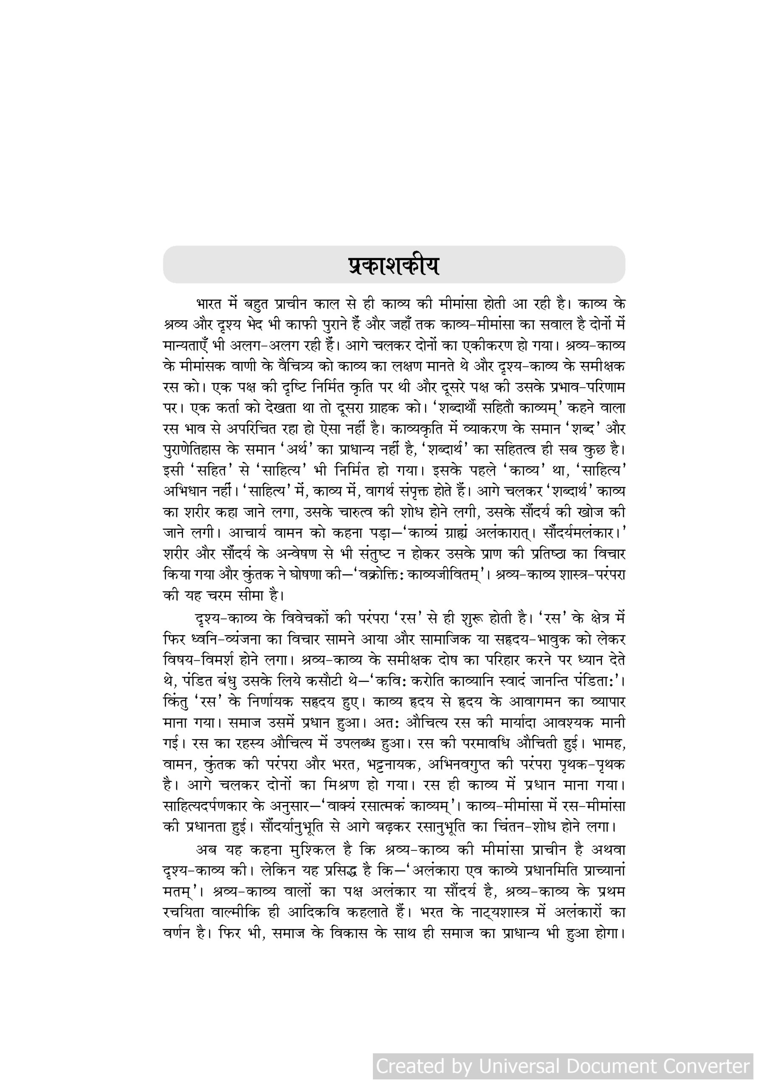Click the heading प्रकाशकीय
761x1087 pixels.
[393, 266]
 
